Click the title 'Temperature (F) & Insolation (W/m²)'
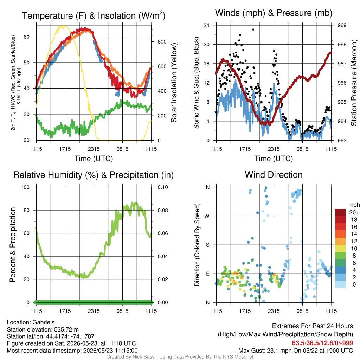94,15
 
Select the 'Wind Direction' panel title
274,175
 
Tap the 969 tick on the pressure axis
342,25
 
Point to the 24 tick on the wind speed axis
206,25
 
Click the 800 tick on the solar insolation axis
162,42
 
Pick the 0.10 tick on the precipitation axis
162,187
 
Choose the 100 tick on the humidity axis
25,187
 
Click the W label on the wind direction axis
207,216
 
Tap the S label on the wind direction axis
207,245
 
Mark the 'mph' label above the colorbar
354,205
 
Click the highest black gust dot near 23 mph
253,30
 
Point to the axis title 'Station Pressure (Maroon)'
354,83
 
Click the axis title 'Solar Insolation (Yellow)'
174,83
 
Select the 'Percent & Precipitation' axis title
12,245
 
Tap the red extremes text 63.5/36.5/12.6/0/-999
322,343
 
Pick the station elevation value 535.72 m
66,329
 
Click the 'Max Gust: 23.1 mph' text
268,351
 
